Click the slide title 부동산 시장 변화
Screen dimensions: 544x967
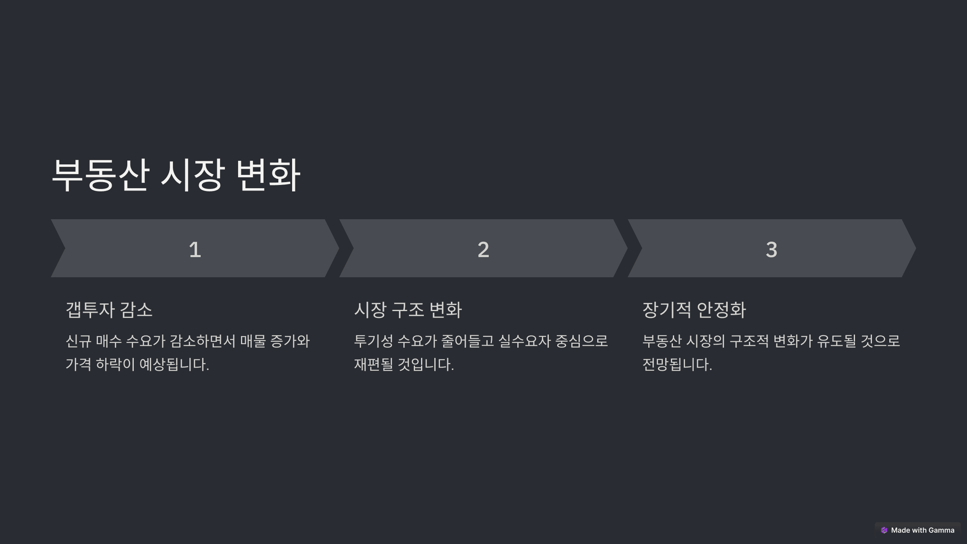pos(176,175)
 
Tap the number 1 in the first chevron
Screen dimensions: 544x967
pos(195,249)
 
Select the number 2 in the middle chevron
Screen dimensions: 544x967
pos(483,249)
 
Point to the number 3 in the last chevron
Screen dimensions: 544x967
pos(771,249)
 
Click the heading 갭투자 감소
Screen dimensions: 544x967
pos(109,310)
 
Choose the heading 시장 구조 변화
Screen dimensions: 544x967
pos(408,310)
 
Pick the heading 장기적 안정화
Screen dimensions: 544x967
pos(694,310)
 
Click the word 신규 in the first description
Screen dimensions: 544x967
pos(78,341)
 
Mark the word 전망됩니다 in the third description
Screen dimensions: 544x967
pos(676,365)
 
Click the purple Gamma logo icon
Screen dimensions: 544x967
pos(884,530)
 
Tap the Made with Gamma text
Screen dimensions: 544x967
pos(923,530)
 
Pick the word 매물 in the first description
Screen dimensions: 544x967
pos(253,341)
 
